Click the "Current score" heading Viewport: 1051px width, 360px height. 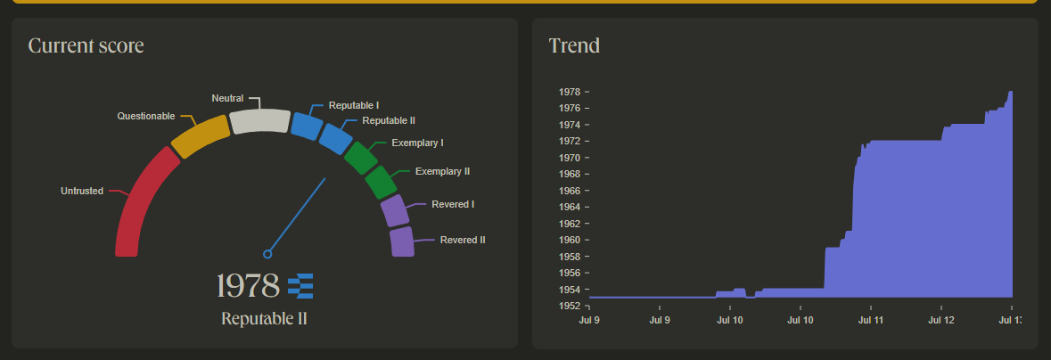pos(86,45)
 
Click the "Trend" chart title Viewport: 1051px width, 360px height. pos(574,45)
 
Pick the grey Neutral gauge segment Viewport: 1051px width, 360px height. pos(259,121)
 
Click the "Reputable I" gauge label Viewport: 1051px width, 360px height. pos(353,105)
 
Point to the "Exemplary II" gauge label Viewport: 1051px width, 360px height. pos(442,171)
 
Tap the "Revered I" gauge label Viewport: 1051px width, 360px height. pos(452,204)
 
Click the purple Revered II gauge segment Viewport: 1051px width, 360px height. pos(402,241)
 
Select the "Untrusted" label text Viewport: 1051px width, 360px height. pos(82,191)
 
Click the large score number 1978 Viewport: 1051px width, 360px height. pos(248,286)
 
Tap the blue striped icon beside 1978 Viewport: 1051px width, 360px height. pos(300,286)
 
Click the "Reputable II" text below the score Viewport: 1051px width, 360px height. pos(264,319)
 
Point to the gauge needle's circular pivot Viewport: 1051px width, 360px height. pos(267,254)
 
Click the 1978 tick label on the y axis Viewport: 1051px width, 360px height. pos(569,92)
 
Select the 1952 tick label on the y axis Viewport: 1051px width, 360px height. pos(569,306)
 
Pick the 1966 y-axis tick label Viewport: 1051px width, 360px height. pos(569,191)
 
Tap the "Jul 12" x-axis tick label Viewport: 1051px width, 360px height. pos(941,320)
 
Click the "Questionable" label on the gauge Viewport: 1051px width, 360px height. pos(146,116)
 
